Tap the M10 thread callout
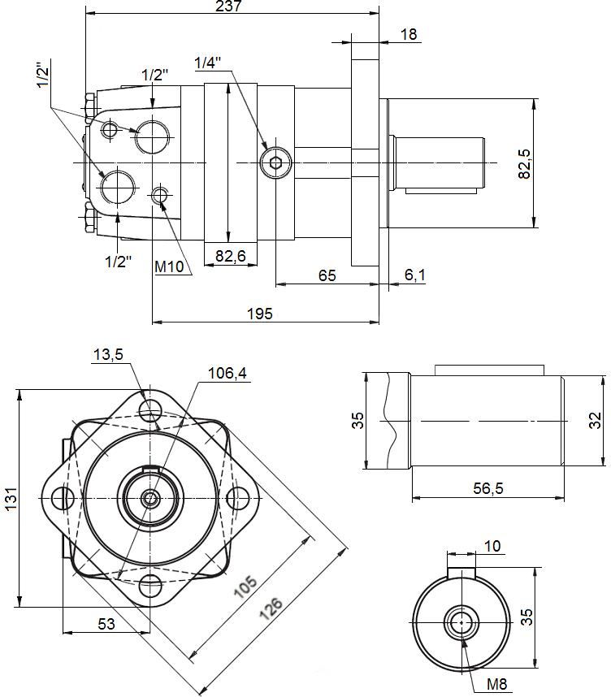click(170, 266)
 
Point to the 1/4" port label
click(208, 63)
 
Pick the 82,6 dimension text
click(230, 257)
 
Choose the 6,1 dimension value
click(414, 275)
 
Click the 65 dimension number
click(327, 275)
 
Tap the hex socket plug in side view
click(275, 163)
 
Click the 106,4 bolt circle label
click(227, 374)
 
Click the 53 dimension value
click(106, 624)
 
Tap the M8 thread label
click(498, 685)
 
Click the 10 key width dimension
click(492, 546)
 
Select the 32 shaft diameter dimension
click(596, 420)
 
